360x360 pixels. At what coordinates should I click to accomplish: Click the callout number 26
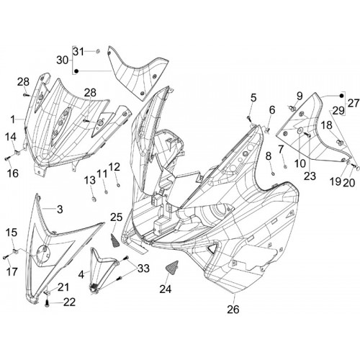(x=233, y=310)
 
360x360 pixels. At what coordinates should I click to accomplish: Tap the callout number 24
(x=166, y=289)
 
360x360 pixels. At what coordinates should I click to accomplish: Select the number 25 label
(x=117, y=217)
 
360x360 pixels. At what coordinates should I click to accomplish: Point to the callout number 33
(x=143, y=269)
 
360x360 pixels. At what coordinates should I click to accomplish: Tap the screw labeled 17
(x=5, y=258)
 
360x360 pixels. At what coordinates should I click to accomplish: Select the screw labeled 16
(x=7, y=158)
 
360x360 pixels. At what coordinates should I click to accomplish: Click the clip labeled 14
(x=17, y=152)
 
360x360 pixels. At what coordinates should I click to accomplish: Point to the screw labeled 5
(x=248, y=118)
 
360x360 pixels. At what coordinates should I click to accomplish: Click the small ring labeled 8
(x=273, y=174)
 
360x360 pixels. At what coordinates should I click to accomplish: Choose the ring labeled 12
(x=118, y=185)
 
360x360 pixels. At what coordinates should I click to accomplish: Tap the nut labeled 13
(x=94, y=199)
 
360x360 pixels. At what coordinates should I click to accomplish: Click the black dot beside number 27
(x=341, y=96)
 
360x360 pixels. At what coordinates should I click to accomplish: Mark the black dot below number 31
(x=76, y=71)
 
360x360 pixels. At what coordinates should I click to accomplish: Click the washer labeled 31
(x=98, y=51)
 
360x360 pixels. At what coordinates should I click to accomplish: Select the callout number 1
(x=12, y=119)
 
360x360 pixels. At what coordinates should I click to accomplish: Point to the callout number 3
(x=60, y=209)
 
